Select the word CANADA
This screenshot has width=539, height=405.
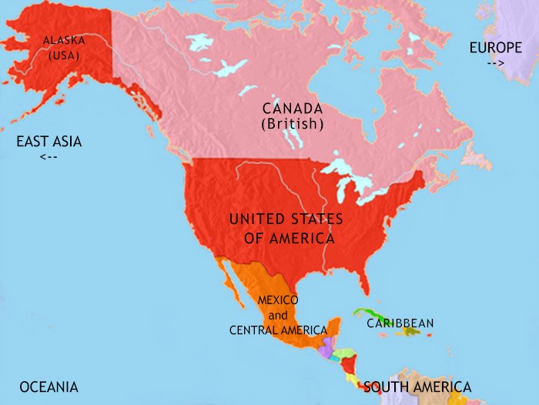click(292, 109)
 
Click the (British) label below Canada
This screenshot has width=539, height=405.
click(292, 124)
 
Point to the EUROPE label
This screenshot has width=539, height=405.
click(495, 48)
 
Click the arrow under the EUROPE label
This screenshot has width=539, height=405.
click(495, 63)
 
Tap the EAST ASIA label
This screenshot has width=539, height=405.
click(49, 142)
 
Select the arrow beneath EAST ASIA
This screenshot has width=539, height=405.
click(48, 157)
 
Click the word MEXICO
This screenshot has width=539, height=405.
click(278, 300)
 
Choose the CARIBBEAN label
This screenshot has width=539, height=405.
click(400, 323)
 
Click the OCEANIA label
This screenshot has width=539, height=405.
click(49, 387)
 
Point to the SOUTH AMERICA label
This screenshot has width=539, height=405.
click(417, 387)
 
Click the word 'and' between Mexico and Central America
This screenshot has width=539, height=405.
click(277, 315)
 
